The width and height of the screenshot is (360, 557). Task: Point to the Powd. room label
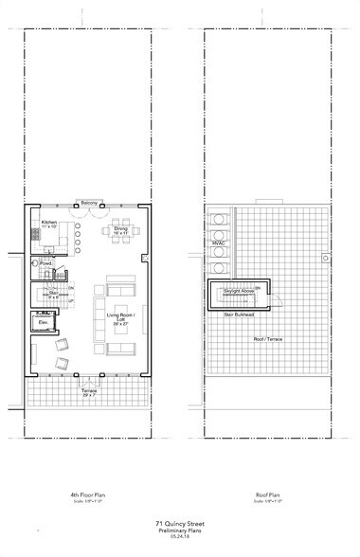point(45,264)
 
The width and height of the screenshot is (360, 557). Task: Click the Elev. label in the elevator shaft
point(44,323)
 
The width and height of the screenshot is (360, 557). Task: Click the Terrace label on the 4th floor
point(89,390)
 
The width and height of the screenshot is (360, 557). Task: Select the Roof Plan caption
point(270,494)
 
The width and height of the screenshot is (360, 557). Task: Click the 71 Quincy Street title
point(179,522)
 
